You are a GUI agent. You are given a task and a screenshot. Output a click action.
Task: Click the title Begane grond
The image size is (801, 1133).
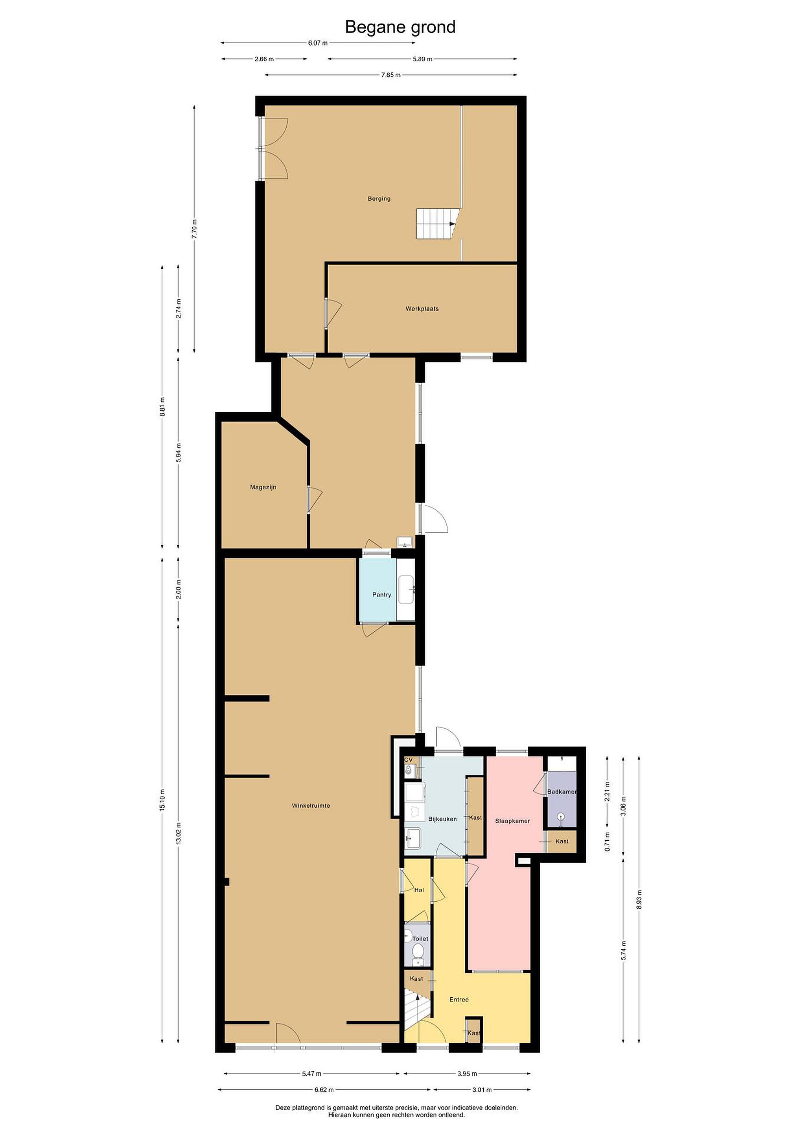pyautogui.click(x=400, y=28)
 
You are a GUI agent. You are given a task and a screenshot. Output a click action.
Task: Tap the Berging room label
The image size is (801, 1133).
pyautogui.click(x=379, y=199)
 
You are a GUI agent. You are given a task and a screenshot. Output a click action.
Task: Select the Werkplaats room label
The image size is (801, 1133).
pyautogui.click(x=422, y=309)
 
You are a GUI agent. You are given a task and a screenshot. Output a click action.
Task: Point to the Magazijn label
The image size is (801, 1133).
pyautogui.click(x=263, y=487)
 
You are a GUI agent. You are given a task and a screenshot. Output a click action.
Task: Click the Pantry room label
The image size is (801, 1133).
pyautogui.click(x=382, y=594)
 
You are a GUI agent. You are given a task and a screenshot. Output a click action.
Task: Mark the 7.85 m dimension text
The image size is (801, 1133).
pyautogui.click(x=390, y=75)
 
